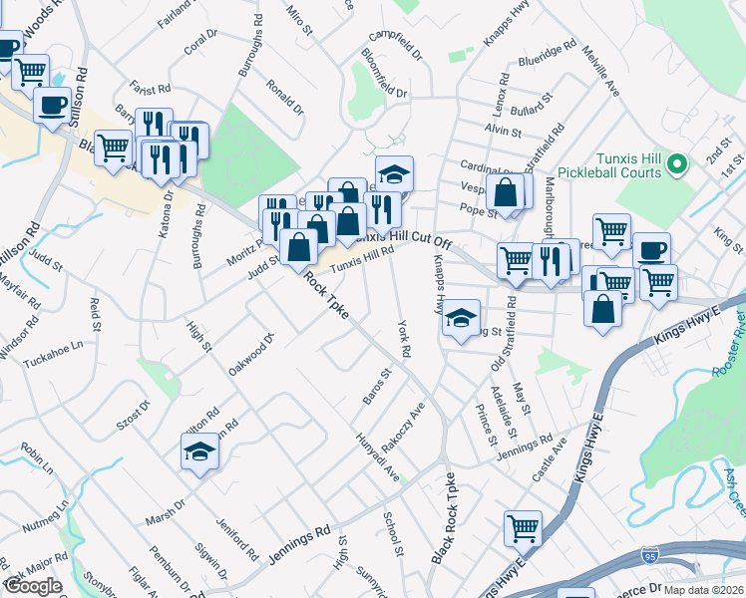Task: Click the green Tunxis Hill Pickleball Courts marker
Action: coord(679,162)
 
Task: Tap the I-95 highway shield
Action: coord(649,550)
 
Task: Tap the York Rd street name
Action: coord(404,339)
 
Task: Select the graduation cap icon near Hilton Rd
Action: coord(199,453)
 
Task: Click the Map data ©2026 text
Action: coord(703,589)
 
